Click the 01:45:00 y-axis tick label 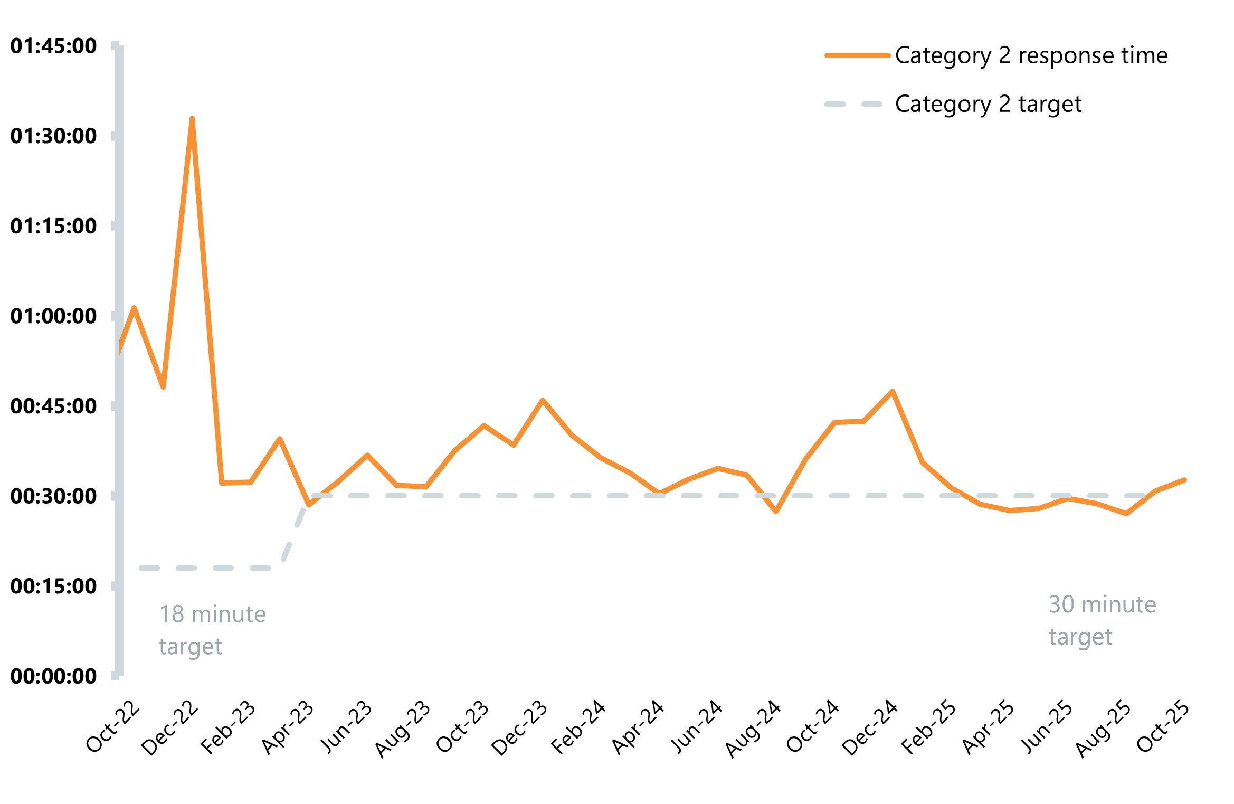(x=53, y=46)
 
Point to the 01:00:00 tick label (x=53, y=316)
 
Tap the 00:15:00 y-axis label (x=53, y=586)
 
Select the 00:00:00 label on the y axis (x=53, y=676)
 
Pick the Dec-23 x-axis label (x=519, y=727)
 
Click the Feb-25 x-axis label (x=928, y=727)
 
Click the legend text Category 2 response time (x=1031, y=55)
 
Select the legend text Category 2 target (x=988, y=104)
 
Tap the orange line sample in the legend (x=857, y=55)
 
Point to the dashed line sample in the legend (x=854, y=104)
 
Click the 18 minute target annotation (x=212, y=630)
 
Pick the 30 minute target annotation (x=1102, y=620)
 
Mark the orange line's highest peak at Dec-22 (x=192, y=119)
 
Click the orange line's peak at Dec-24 (x=893, y=391)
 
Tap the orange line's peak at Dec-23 (x=542, y=400)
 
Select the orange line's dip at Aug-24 (x=776, y=512)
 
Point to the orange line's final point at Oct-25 (x=1185, y=480)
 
